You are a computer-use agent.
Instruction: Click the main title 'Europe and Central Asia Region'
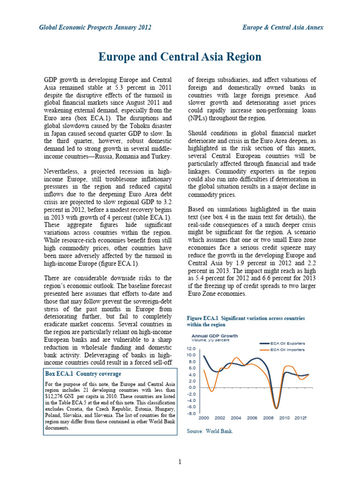click(x=180, y=57)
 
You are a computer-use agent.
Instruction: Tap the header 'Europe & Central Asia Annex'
click(x=283, y=28)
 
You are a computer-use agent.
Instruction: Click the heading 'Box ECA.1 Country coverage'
click(x=82, y=374)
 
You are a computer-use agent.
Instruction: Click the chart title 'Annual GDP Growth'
click(x=214, y=336)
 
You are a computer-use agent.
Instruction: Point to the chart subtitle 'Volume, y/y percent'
click(x=210, y=341)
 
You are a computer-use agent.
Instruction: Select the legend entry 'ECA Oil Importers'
click(x=288, y=350)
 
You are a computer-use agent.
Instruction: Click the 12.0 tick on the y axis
click(x=191, y=349)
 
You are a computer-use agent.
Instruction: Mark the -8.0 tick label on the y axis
click(x=191, y=413)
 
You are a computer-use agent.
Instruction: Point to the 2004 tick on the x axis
click(x=236, y=418)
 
